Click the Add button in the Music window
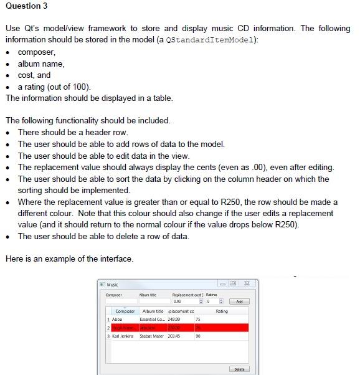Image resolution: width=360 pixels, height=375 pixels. (239, 301)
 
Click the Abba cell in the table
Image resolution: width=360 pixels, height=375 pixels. (117, 318)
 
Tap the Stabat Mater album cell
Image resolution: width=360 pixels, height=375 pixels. (153, 336)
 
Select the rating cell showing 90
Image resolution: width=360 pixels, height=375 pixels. (198, 336)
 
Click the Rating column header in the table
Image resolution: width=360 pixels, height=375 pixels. (221, 310)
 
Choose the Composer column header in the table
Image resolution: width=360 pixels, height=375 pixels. (125, 310)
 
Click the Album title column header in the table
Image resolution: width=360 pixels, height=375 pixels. (153, 310)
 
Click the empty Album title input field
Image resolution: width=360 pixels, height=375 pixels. (153, 301)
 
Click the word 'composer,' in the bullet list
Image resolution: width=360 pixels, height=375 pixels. (37, 52)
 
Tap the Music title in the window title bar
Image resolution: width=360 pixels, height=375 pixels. (113, 285)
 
